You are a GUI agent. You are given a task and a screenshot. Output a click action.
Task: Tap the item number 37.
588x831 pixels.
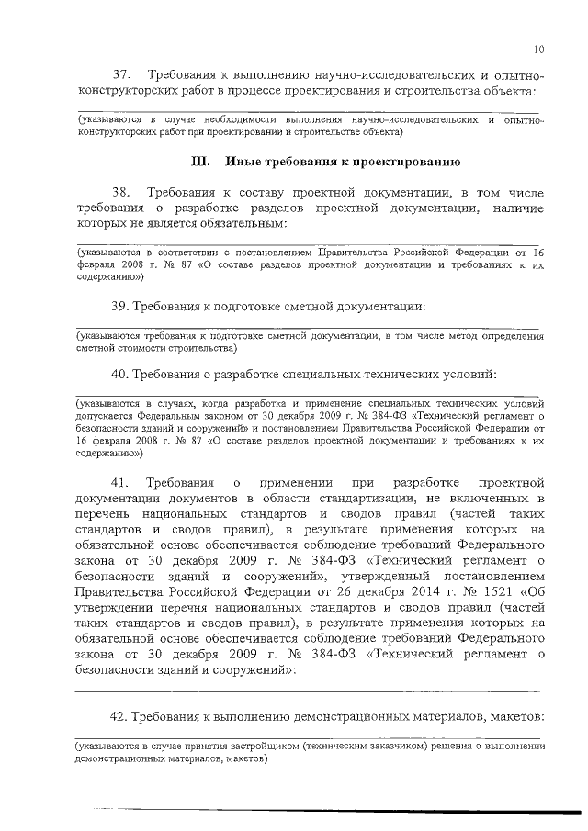click(123, 73)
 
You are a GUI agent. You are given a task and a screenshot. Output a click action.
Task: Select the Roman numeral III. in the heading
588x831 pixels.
click(200, 163)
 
